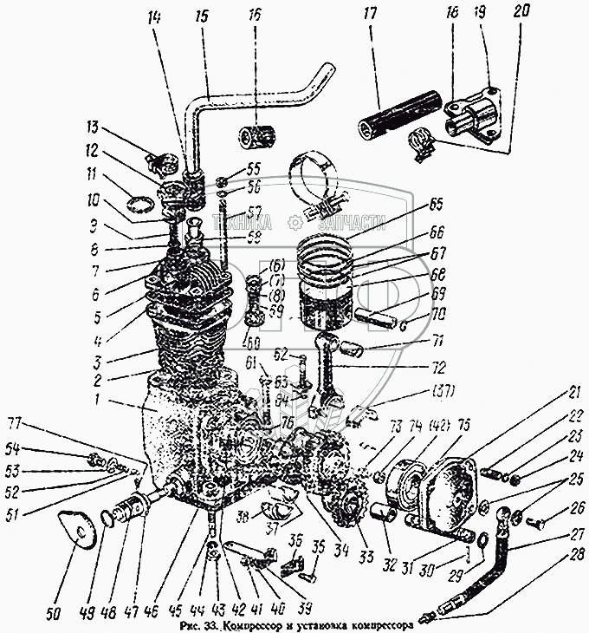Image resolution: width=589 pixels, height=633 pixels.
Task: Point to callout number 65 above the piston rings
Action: (x=435, y=206)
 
